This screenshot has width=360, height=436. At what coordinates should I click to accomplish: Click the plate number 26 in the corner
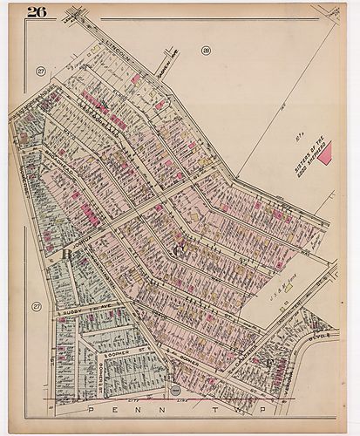(x=36, y=11)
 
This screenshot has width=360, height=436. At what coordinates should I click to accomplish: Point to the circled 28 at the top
(x=207, y=51)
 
